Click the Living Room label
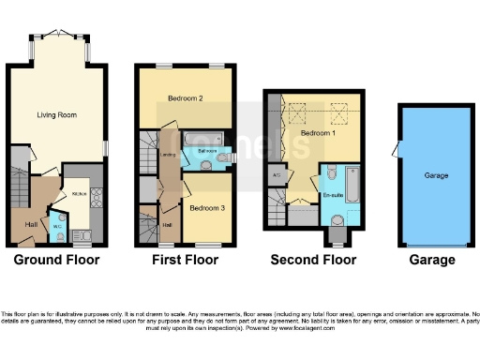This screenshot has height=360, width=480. pyautogui.click(x=56, y=114)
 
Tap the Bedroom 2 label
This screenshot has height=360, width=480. pyautogui.click(x=186, y=98)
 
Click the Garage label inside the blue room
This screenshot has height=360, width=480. pyautogui.click(x=436, y=175)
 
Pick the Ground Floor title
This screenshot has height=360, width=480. pyautogui.click(x=57, y=260)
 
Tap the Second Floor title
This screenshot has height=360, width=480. pyautogui.click(x=313, y=260)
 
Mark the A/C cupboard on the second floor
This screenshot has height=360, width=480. pyautogui.click(x=277, y=174)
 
